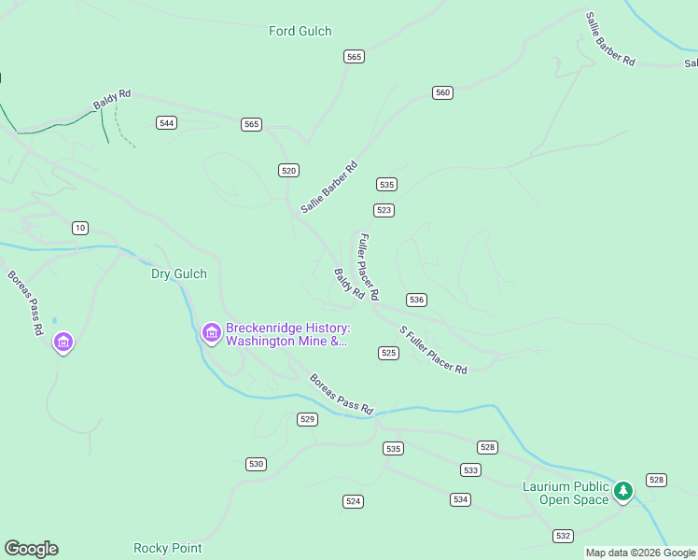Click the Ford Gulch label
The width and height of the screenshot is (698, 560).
(x=300, y=31)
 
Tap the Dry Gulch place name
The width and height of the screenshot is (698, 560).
(x=179, y=274)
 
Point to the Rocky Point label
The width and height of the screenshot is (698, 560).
(x=167, y=549)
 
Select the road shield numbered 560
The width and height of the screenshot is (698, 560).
(x=442, y=92)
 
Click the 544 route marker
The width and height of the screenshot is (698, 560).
(x=167, y=123)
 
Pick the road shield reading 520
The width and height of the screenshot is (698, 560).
(x=288, y=170)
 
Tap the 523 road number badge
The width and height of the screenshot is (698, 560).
(x=384, y=210)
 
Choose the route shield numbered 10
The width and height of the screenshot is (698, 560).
(x=80, y=228)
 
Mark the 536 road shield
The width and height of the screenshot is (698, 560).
(x=416, y=300)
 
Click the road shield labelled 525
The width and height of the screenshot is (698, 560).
(x=389, y=353)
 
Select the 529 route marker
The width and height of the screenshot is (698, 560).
(x=308, y=419)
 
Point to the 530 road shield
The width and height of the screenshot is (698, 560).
(x=257, y=464)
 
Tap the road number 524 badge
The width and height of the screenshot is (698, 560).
(x=353, y=501)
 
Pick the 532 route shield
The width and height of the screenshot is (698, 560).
(x=562, y=536)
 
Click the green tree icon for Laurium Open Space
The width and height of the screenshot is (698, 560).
(x=623, y=490)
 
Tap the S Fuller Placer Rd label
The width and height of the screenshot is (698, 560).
(x=433, y=350)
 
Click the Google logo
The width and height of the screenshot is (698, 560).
(x=31, y=549)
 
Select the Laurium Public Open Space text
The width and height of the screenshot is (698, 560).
(x=565, y=493)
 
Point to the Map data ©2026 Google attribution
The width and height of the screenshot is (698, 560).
(x=640, y=553)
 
